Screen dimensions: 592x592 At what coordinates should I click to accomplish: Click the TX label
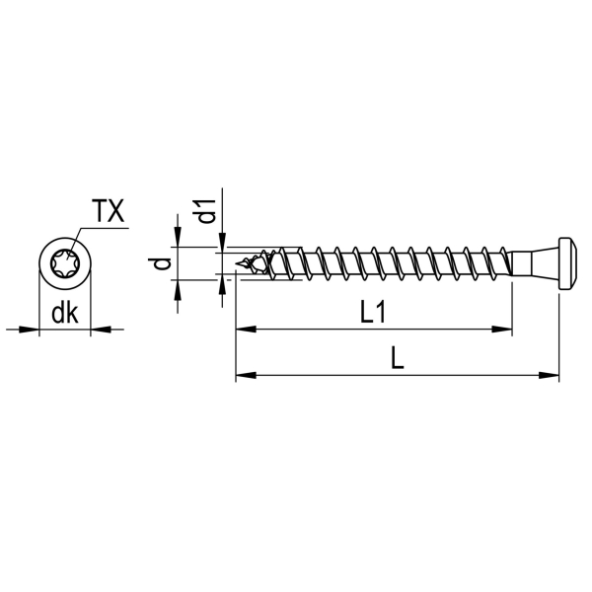pyautogui.click(x=109, y=211)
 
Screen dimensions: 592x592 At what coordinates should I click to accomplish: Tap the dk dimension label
pyautogui.click(x=65, y=313)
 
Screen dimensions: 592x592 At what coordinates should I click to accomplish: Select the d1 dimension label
pyautogui.click(x=206, y=211)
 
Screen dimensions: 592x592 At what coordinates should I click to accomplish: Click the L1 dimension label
pyautogui.click(x=373, y=313)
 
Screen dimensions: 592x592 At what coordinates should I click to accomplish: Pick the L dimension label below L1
pyautogui.click(x=397, y=358)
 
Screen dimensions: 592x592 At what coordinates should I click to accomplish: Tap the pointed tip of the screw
pyautogui.click(x=236, y=263)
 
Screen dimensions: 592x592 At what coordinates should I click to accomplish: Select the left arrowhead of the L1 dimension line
pyautogui.click(x=246, y=330)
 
